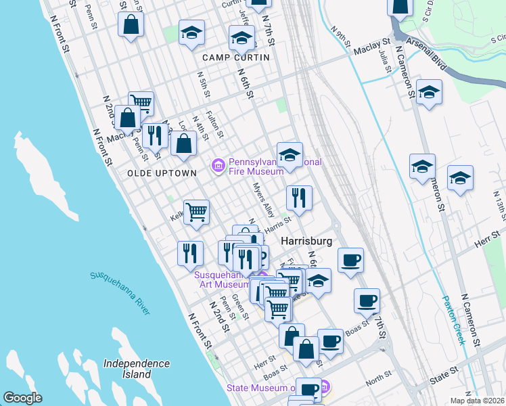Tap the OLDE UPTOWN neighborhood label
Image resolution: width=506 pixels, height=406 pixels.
point(162,173)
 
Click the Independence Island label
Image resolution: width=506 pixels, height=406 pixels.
point(137,369)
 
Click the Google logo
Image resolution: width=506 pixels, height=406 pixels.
point(22,398)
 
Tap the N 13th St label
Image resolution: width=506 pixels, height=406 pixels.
point(499,206)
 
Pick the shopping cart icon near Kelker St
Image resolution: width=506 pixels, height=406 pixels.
point(196,211)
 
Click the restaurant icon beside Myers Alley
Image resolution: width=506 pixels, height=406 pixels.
point(299,198)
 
